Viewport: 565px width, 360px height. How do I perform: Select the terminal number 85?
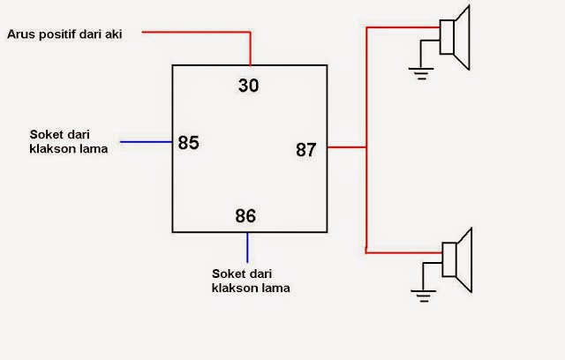point(189,142)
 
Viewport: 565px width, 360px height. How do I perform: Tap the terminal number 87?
point(306,150)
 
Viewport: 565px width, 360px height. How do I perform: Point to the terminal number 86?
point(245,215)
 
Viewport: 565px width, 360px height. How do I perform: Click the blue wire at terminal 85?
point(146,142)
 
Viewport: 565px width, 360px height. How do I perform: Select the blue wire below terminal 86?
point(248,246)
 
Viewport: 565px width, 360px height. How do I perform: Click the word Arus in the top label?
point(21,34)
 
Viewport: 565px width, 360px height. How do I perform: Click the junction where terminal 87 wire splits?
point(365,147)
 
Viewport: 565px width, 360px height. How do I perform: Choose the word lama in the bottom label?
point(274,288)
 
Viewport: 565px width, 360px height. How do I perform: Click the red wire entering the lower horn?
point(406,252)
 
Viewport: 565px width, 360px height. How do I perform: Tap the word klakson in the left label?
point(49,149)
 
